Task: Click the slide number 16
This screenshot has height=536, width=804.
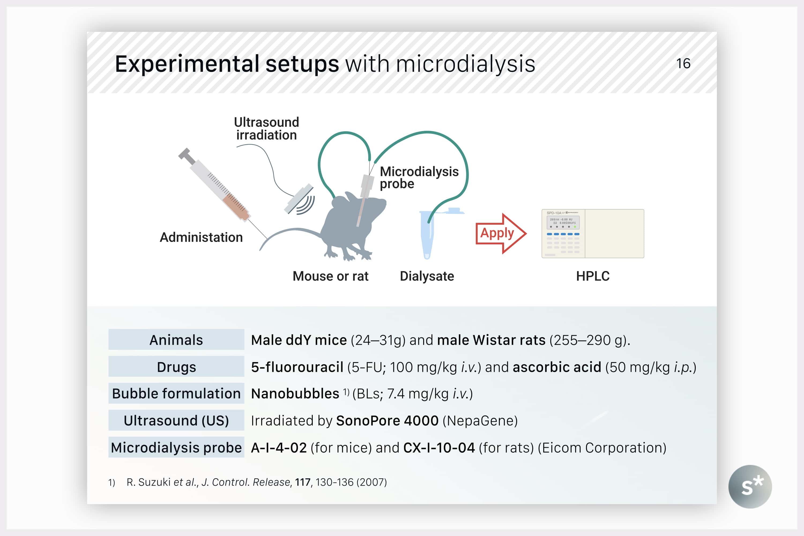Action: coord(683,64)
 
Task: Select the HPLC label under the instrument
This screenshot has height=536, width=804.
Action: coord(593,276)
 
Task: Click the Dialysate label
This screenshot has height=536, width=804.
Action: coord(427,276)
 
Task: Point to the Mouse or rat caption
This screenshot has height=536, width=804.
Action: coord(330,276)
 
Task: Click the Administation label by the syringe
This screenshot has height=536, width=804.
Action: coord(201,237)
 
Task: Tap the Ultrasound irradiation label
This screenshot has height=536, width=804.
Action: coord(267,129)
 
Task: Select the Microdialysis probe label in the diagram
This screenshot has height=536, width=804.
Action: coord(419,177)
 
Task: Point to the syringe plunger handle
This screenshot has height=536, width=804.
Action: coord(187,156)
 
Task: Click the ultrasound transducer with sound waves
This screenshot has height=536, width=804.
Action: coord(299,200)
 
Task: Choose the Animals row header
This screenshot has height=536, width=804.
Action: coord(176,340)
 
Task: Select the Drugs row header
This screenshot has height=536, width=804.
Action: coord(176,367)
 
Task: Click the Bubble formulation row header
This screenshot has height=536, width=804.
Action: coord(176,393)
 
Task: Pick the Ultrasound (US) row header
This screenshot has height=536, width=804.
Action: coord(176,420)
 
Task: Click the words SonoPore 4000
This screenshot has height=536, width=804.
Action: coord(387,421)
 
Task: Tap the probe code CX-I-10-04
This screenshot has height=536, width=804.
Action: coord(439,448)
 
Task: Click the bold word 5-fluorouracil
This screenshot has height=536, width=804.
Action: coord(297,367)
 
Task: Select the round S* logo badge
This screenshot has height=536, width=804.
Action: coord(750,487)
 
